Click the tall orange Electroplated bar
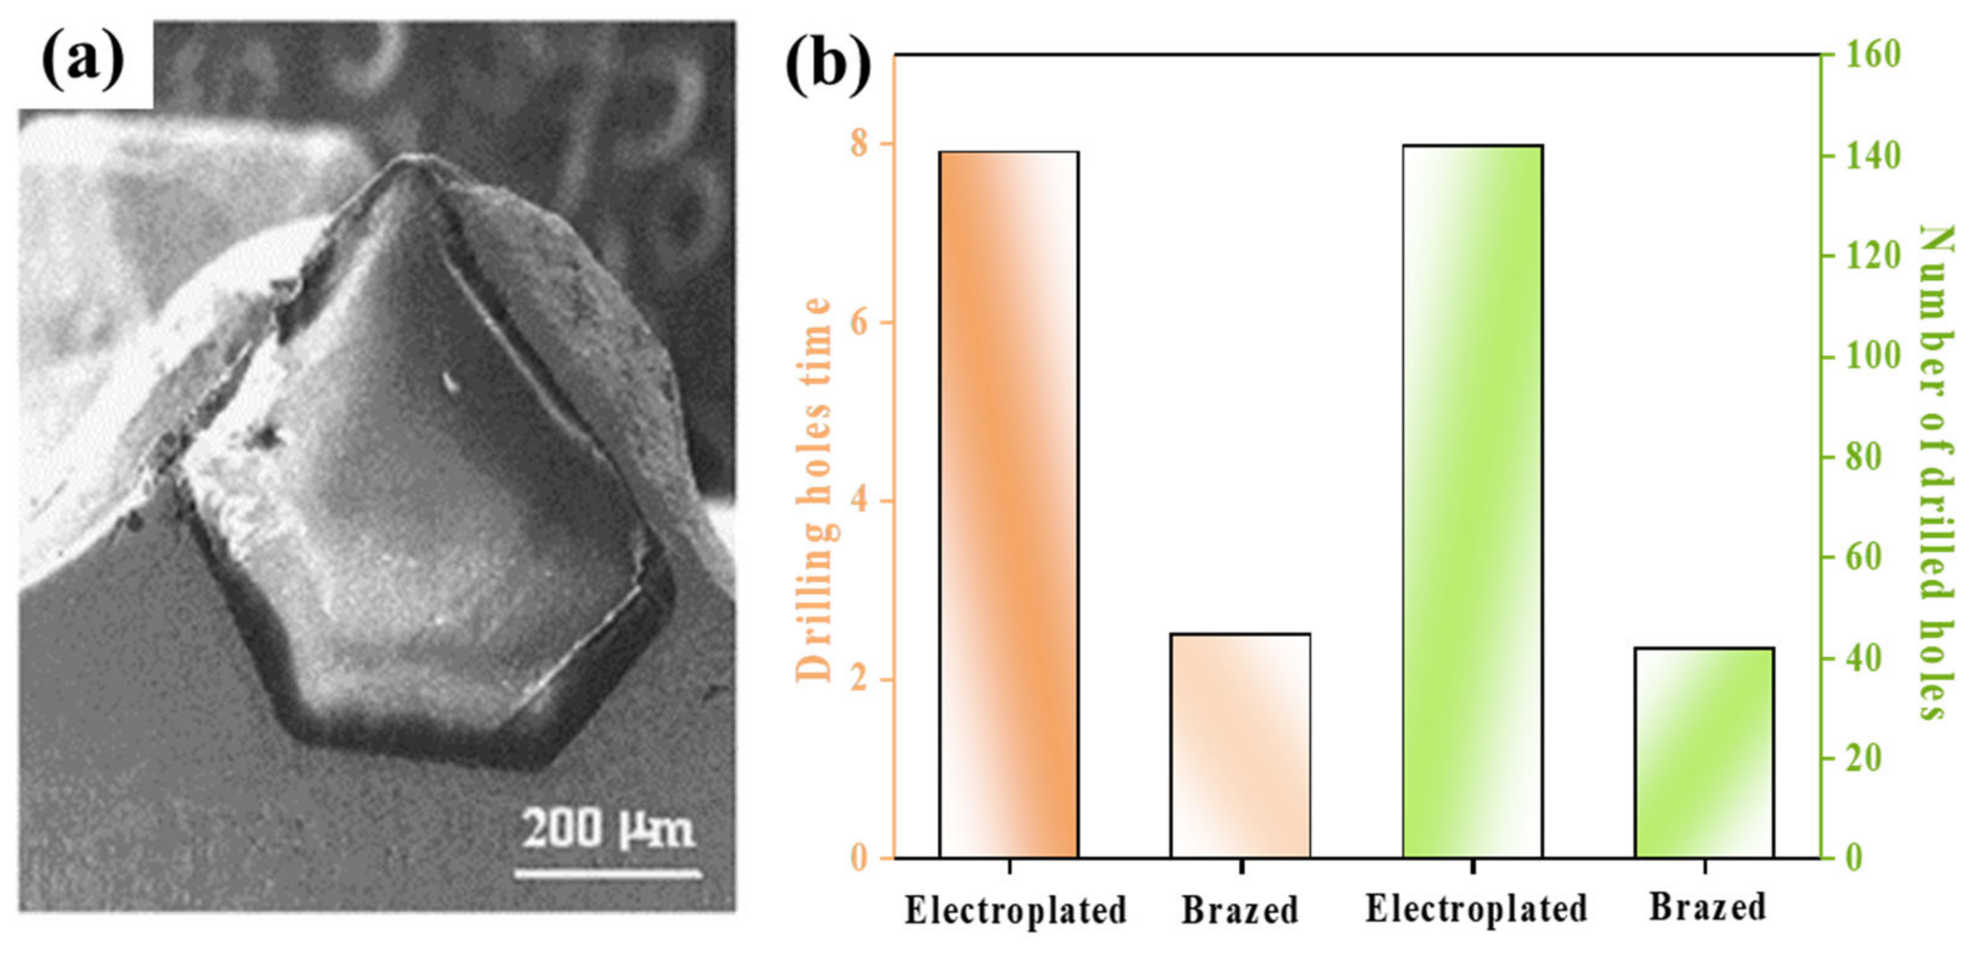pyautogui.click(x=1008, y=504)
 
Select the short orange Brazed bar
pyautogui.click(x=1240, y=745)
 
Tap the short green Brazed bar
pyautogui.click(x=1704, y=752)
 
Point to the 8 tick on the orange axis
pyautogui.click(x=858, y=144)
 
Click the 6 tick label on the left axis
pyautogui.click(x=858, y=322)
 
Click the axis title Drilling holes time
pyautogui.click(x=813, y=489)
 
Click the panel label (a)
pyautogui.click(x=83, y=60)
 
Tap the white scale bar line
pyautogui.click(x=607, y=873)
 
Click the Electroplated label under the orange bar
pyautogui.click(x=1015, y=910)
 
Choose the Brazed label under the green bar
pyautogui.click(x=1707, y=906)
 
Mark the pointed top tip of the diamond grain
pyautogui.click(x=415, y=159)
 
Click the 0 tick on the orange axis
pyautogui.click(x=858, y=857)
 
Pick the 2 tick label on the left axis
pyautogui.click(x=858, y=679)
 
